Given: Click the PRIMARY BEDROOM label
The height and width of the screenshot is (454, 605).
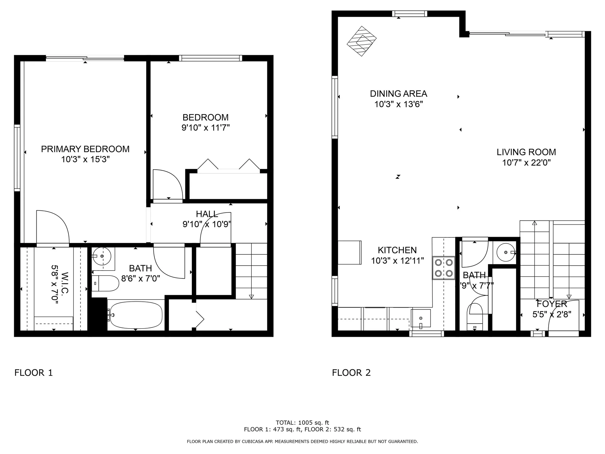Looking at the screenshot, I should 85,149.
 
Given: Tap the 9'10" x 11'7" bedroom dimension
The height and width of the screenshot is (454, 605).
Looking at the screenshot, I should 205,128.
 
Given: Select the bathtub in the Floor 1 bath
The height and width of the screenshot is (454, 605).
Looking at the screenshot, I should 135,315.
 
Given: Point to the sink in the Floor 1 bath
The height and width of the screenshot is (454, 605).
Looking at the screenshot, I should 102,256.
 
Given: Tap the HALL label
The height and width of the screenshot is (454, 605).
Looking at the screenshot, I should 207,214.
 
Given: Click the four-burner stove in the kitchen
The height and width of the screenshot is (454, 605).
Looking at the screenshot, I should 444,268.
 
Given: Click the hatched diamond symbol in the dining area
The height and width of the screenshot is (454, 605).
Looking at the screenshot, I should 361,41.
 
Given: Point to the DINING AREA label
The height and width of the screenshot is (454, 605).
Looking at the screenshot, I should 398,94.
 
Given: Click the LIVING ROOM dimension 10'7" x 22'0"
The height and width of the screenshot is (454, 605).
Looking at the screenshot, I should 526,163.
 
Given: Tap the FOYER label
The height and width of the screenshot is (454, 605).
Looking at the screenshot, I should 552,304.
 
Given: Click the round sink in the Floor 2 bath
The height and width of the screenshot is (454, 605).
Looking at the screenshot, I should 506,252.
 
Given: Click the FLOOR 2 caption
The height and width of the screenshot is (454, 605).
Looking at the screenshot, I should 351,373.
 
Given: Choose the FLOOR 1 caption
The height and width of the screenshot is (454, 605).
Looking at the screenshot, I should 33,373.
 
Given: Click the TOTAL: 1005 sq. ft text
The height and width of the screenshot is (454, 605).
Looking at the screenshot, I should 302,423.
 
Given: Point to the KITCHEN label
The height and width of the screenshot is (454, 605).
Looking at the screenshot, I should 397,250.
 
